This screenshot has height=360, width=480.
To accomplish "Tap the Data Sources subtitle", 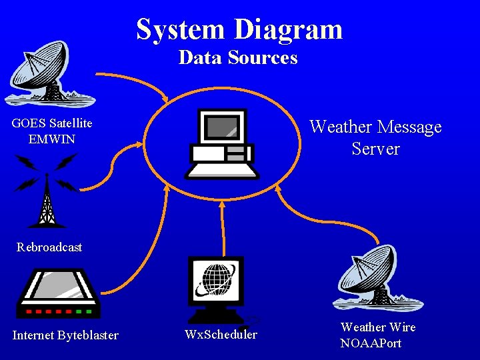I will click(x=238, y=58).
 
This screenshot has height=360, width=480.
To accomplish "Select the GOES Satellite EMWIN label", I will click(x=52, y=131).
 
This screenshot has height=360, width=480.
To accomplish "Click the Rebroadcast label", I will click(x=49, y=247).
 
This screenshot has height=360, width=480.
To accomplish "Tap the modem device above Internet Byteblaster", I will click(x=57, y=293).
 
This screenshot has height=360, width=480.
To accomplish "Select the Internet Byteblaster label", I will click(x=65, y=335).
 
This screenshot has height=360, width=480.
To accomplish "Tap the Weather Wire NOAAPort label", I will click(x=378, y=335).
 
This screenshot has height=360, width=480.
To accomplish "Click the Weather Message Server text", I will click(x=375, y=137).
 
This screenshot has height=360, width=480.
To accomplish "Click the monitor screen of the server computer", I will click(x=221, y=127).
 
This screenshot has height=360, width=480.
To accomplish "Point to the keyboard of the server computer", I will click(x=221, y=171).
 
